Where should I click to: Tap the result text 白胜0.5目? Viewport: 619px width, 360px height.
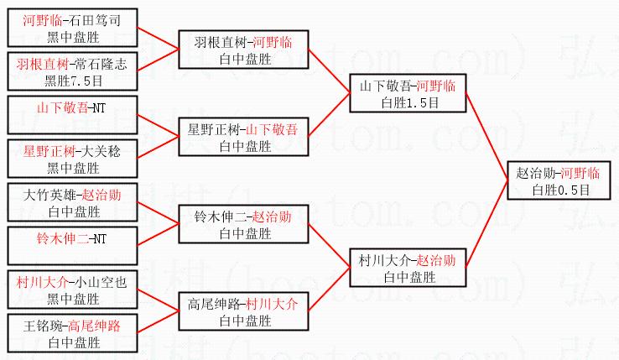point(560,190)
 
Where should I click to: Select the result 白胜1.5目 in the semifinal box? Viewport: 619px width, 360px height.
point(408,102)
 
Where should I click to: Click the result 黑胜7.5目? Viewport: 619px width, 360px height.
point(73,81)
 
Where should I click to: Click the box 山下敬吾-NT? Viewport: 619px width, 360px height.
point(71,116)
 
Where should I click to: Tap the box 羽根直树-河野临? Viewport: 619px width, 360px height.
point(244,50)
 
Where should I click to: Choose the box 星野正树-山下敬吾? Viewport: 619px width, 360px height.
point(244,137)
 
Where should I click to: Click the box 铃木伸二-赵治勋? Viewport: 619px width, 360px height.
point(244,224)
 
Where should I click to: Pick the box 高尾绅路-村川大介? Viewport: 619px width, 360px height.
point(244,311)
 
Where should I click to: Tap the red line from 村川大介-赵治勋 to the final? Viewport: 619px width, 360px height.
point(486,227)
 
